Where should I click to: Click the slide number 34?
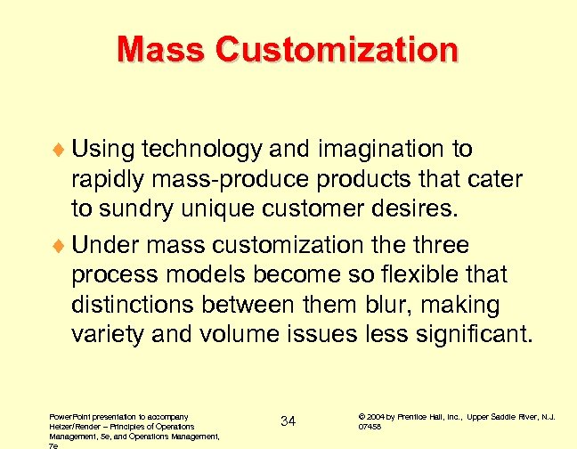288,420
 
